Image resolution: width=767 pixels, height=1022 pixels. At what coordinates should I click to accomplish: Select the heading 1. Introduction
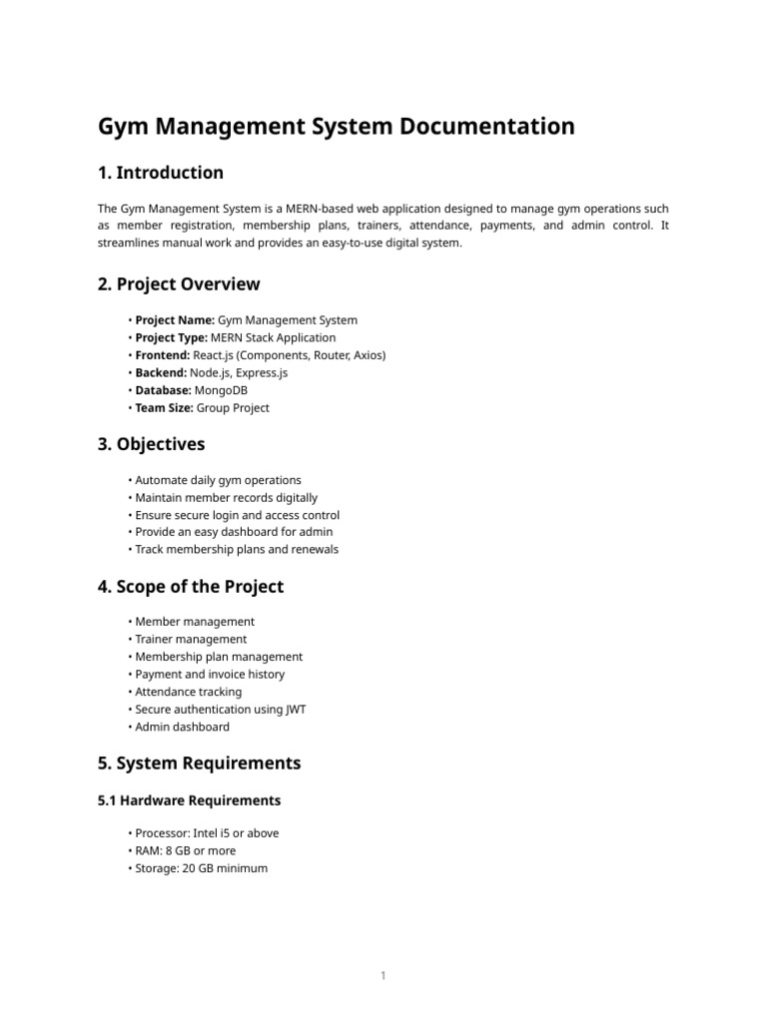[x=160, y=173]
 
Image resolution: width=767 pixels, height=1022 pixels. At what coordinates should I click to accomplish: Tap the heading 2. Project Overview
[x=178, y=284]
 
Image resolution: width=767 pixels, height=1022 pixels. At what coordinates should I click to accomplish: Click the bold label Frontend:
[x=164, y=355]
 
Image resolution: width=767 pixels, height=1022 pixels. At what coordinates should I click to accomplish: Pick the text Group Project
[x=232, y=407]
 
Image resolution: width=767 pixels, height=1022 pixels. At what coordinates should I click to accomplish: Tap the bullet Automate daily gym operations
[x=218, y=480]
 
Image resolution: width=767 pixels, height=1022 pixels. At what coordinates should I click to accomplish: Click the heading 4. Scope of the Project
[x=190, y=587]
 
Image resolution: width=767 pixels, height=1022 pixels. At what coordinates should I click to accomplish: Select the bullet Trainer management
[x=191, y=640]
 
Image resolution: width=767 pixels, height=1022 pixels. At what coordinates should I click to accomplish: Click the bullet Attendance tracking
[x=188, y=692]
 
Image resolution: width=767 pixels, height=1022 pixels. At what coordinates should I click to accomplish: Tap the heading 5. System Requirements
[x=199, y=764]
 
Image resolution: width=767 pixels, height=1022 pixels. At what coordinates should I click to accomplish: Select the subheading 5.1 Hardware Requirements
[x=189, y=800]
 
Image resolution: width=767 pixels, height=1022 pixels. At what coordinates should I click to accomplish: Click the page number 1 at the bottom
[x=383, y=975]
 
